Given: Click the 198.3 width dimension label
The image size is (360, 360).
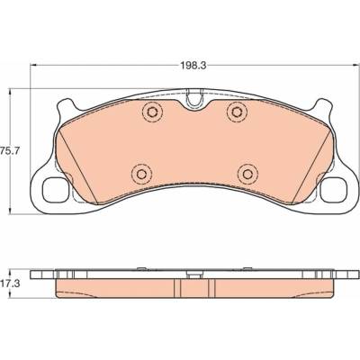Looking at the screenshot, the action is point(193,66).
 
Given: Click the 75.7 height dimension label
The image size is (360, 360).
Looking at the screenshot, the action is point(10,151).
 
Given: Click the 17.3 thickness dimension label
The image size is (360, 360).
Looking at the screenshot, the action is point(10,283).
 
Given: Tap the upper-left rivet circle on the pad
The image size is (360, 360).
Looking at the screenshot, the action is point(152,112).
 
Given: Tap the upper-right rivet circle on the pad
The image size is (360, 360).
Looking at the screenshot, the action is point(237,112).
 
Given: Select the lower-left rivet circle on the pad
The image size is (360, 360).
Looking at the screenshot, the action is point(141,175).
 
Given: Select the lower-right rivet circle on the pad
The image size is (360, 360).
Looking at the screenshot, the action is point(247,174).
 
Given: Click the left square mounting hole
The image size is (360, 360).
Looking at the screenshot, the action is point(55,190).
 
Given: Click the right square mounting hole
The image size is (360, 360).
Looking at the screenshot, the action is point(333,190).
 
